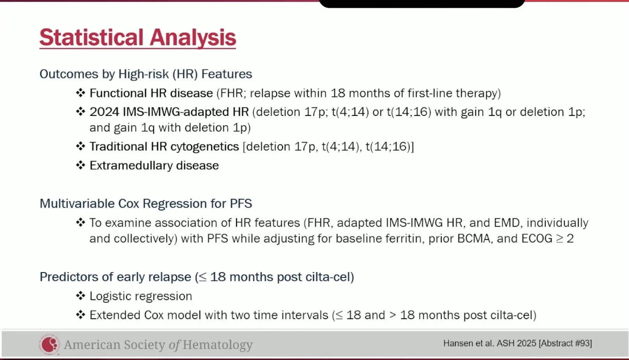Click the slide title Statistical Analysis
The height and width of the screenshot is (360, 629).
coord(138,37)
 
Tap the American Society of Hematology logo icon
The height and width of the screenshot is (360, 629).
coord(50,344)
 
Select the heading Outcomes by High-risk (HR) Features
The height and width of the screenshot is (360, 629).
coord(146,74)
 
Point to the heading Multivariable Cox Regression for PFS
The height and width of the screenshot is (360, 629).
coord(146,203)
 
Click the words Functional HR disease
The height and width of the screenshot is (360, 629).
coord(151,93)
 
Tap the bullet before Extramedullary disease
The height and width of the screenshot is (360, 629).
coord(81,165)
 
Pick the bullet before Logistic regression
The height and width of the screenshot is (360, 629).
coord(81,296)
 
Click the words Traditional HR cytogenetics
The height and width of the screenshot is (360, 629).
coord(164,146)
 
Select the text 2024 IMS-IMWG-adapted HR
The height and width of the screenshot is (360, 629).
coord(169,112)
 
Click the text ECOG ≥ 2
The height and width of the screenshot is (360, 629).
coord(547,238)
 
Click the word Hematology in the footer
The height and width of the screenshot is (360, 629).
coord(218,345)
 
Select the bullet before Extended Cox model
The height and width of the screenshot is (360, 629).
coord(81,314)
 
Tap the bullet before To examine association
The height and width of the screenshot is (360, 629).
coord(81,222)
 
